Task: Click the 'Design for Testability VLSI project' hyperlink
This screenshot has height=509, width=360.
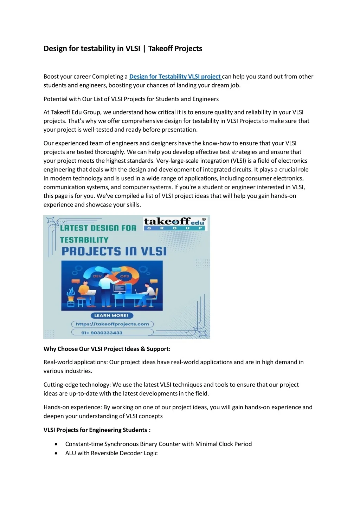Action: coord(175,77)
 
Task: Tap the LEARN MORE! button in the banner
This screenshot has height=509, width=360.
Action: coord(111,315)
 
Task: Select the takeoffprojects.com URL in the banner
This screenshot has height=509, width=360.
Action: coord(112,324)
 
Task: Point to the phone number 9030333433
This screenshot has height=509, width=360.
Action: coord(102,333)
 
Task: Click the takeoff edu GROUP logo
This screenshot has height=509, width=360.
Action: coord(175,223)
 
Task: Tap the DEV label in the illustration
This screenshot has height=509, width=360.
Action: coord(97,276)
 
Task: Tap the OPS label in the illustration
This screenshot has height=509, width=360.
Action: coord(124,276)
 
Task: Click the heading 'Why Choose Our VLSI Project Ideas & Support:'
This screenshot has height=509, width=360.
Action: coord(107,349)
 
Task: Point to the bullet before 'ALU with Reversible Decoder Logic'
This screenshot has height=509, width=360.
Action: coord(56,453)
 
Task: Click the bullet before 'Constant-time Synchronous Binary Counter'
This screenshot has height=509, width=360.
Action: coord(56,444)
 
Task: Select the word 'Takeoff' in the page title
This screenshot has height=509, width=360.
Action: coord(160,48)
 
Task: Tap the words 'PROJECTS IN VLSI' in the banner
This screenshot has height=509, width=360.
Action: coord(114,252)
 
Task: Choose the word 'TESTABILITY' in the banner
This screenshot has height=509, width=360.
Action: coord(84,240)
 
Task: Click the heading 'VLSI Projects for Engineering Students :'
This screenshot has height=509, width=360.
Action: coord(97,430)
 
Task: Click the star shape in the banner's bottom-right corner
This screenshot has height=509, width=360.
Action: coord(202,333)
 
